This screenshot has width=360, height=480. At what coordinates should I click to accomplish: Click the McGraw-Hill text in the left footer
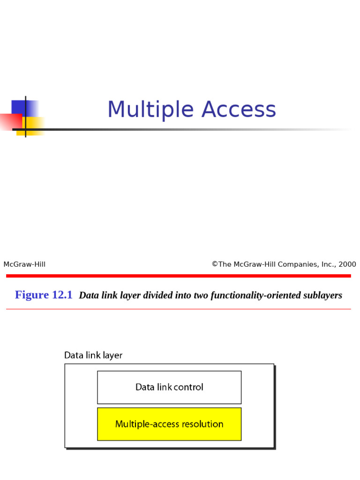[24, 264]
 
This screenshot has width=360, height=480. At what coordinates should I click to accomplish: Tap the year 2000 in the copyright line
[347, 264]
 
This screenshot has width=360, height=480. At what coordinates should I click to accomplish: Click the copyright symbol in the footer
[215, 264]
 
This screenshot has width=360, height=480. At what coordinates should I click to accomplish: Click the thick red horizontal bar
[178, 276]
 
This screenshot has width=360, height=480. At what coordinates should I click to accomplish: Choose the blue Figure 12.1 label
[44, 295]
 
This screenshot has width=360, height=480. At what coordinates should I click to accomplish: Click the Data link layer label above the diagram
[93, 355]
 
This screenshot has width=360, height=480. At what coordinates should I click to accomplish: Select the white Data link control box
[169, 387]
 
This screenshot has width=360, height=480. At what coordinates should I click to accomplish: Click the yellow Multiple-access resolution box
[169, 424]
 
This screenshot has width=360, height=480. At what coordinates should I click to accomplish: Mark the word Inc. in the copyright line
[327, 264]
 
